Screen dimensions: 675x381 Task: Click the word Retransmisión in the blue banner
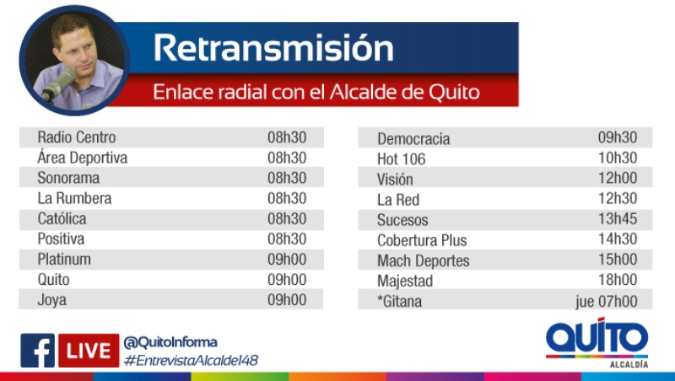pos(273,47)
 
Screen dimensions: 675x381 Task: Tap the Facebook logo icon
pos(37,351)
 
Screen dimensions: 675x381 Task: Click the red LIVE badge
pos(89,351)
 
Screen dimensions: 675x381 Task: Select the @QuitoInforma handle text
pos(170,342)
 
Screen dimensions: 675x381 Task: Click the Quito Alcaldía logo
pos(597,343)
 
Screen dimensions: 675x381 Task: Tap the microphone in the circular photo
pos(59,85)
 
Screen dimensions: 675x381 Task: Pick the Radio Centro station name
pos(77,137)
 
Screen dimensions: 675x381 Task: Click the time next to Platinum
pos(287,260)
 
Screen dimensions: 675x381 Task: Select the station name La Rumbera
pos(74,198)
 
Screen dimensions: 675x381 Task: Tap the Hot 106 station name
pos(402,159)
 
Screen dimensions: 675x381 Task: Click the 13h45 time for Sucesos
pos(618,218)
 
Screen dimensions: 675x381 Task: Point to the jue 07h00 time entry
pos(606,301)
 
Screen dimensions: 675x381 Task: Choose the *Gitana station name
pos(399,301)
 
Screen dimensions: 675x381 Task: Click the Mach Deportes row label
pos(424,260)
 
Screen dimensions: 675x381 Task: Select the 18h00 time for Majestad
pos(618,280)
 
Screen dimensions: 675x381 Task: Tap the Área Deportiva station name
pos(82,157)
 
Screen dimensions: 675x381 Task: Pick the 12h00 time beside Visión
pos(618,178)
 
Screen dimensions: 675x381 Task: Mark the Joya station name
pos(51,300)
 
